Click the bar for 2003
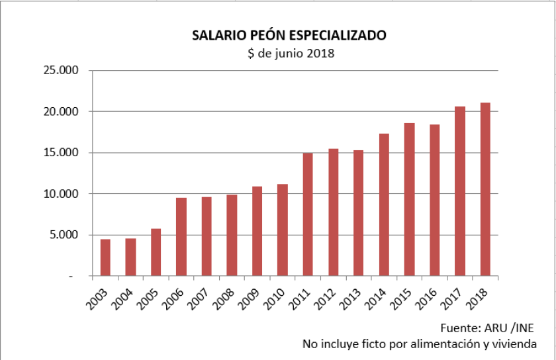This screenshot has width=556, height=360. (x=105, y=257)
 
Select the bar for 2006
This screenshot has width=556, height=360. (x=181, y=236)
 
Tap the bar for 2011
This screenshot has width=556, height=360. (x=308, y=214)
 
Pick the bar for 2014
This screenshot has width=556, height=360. (x=384, y=204)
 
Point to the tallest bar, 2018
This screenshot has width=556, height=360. (x=485, y=189)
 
